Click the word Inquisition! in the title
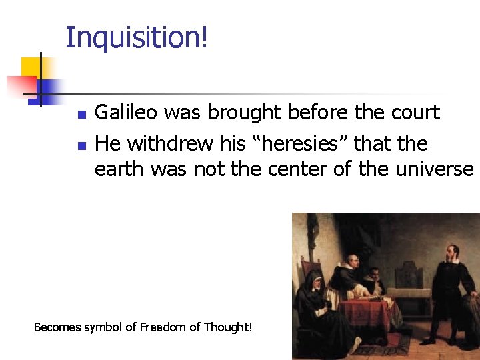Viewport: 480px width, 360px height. coord(137,38)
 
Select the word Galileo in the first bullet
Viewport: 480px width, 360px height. coord(126,113)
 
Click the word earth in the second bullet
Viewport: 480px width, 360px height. coord(120,169)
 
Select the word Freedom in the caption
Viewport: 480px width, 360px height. coord(160,327)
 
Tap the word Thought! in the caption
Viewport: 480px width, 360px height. coord(228,327)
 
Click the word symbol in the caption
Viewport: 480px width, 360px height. coord(105,327)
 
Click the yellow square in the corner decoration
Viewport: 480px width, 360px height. coord(31,67)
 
